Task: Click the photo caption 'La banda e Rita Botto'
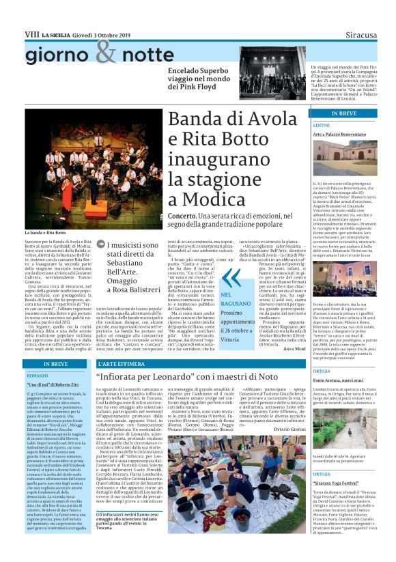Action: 46,233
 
